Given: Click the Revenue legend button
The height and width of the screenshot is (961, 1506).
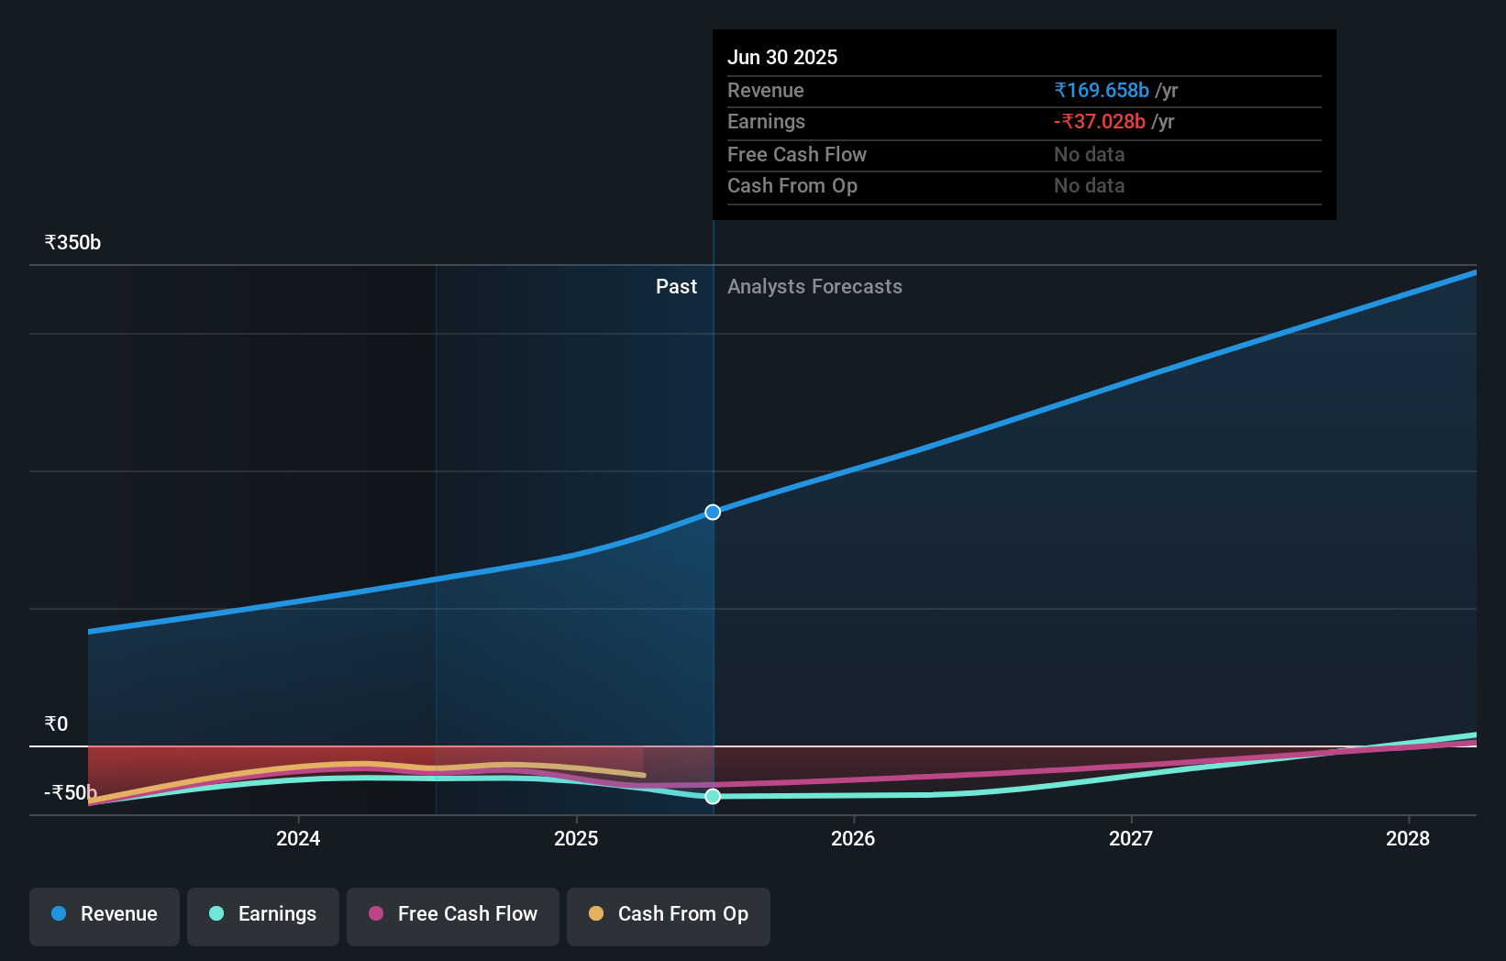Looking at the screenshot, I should [x=105, y=915].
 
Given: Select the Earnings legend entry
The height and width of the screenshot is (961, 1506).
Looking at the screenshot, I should [x=263, y=915].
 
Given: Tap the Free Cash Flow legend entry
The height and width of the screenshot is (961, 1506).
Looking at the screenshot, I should [x=453, y=915].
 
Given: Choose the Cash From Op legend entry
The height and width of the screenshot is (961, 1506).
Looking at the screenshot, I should [x=669, y=915].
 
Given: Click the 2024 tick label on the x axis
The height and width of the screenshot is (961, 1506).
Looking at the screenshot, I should [x=298, y=839].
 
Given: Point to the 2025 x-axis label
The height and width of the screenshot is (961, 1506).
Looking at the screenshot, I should [x=576, y=839].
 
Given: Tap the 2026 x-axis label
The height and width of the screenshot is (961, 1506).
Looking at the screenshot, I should [x=853, y=839].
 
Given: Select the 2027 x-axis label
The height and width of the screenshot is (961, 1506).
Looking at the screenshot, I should [x=1131, y=839].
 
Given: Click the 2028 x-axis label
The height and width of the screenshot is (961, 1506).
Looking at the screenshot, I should [x=1408, y=839].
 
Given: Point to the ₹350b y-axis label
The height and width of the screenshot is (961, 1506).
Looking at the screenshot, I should [x=72, y=243].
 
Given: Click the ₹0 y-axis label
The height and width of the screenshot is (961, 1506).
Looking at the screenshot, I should [x=56, y=724].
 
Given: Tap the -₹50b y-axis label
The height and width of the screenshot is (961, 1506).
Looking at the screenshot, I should [x=70, y=793].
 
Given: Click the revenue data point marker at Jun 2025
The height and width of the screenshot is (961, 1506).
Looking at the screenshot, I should [x=713, y=512].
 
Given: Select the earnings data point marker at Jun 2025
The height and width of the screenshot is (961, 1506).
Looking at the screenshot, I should [x=713, y=796].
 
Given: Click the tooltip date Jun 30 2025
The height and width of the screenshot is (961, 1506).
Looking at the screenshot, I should [x=782, y=58].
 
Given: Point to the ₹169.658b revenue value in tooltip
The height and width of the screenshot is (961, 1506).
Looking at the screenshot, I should [x=1102, y=91].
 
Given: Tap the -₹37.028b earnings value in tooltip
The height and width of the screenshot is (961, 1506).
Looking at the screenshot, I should [x=1100, y=122].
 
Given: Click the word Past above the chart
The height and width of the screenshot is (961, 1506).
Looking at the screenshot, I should [x=676, y=287].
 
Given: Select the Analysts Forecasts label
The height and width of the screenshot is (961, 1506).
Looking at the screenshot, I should [x=814, y=287].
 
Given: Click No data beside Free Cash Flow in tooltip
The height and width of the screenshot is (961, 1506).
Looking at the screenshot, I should [x=1089, y=155].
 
